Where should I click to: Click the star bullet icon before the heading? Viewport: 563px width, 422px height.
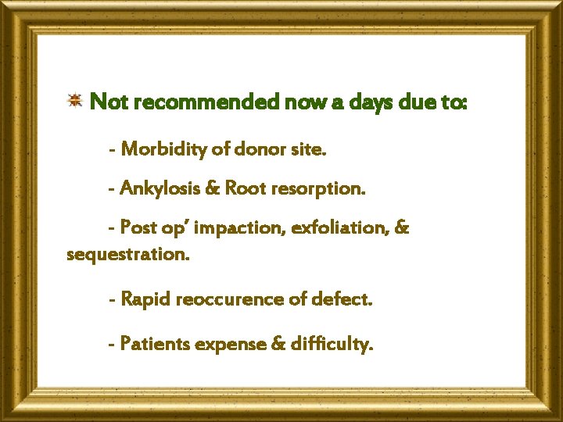75,100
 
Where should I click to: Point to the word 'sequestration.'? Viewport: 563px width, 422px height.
128,255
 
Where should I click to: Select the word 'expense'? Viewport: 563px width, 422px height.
232,345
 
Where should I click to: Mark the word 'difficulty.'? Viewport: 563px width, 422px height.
329,343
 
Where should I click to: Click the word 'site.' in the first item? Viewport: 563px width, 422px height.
307,149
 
